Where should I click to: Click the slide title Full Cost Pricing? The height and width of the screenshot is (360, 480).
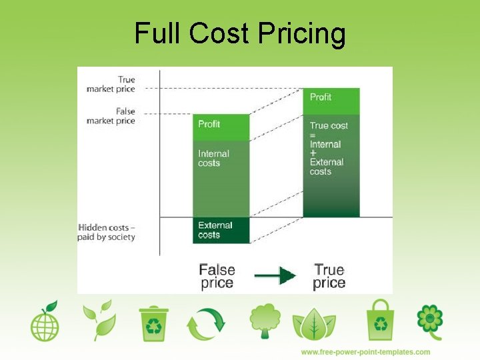pyautogui.click(x=240, y=33)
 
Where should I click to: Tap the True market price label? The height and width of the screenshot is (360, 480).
pyautogui.click(x=111, y=85)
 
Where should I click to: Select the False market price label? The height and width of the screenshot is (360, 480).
pyautogui.click(x=111, y=116)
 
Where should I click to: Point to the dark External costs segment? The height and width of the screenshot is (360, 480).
pyautogui.click(x=221, y=230)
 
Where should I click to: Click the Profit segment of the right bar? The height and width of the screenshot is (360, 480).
pyautogui.click(x=331, y=100)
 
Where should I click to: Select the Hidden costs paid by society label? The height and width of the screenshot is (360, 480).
pyautogui.click(x=107, y=232)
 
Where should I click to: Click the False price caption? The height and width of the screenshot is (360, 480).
pyautogui.click(x=217, y=276)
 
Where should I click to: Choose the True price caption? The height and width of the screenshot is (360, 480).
pyautogui.click(x=329, y=276)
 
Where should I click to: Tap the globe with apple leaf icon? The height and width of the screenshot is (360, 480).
pyautogui.click(x=45, y=322)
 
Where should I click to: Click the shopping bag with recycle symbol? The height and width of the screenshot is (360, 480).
pyautogui.click(x=380, y=320)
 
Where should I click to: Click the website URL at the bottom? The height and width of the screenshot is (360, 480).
pyautogui.click(x=365, y=352)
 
